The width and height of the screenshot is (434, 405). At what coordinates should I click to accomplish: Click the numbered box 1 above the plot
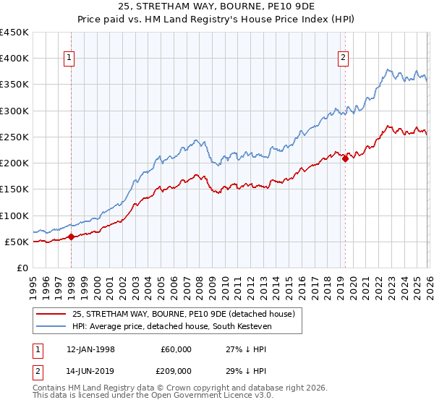pyautogui.click(x=69, y=59)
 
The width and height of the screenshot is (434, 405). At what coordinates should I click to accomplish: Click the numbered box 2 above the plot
pyautogui.click(x=342, y=59)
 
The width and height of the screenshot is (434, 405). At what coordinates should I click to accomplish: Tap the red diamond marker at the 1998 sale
pyautogui.click(x=72, y=236)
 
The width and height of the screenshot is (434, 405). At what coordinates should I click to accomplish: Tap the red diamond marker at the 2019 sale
pyautogui.click(x=345, y=159)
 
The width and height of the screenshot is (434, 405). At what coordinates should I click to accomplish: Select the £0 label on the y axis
pyautogui.click(x=22, y=268)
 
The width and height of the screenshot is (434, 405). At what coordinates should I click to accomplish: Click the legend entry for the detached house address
pyautogui.click(x=183, y=314)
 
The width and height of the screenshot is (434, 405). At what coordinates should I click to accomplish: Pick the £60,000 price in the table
pyautogui.click(x=176, y=349)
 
